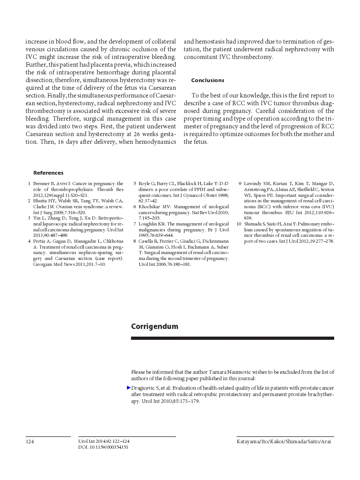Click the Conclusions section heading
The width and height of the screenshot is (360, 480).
click(x=208, y=80)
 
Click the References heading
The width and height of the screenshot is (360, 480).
click(x=48, y=173)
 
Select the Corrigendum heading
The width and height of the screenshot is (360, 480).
click(x=155, y=327)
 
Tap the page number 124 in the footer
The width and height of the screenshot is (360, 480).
click(x=30, y=441)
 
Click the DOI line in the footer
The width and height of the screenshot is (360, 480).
click(x=103, y=447)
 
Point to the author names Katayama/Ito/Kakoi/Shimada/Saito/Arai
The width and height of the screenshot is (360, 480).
click(x=283, y=441)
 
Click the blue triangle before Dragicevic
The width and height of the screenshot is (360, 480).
click(x=129, y=388)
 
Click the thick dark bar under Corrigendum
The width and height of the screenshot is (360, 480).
click(x=232, y=338)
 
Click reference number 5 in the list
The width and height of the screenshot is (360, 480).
click(x=135, y=184)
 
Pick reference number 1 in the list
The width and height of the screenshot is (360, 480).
click(x=29, y=184)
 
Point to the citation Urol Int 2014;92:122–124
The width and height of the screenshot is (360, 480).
click(x=104, y=441)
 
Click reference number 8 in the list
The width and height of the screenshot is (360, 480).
click(x=135, y=241)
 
